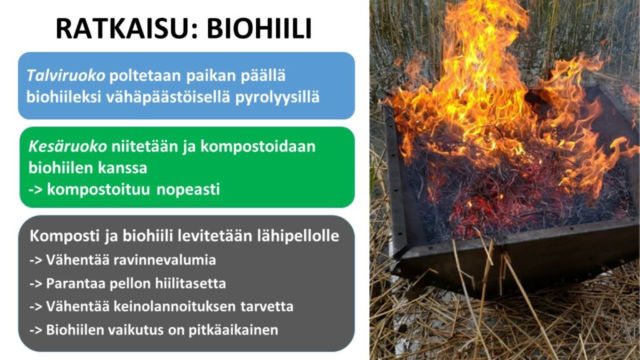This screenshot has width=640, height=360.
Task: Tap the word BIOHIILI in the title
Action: pyautogui.click(x=259, y=29)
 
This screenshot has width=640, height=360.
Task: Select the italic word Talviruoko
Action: pyautogui.click(x=66, y=76)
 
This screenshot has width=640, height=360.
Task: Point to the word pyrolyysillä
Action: pyautogui.click(x=277, y=97)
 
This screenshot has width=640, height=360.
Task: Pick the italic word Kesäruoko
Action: pyautogui.click(x=67, y=146)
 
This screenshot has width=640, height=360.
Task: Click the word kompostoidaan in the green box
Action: pyautogui.click(x=258, y=146)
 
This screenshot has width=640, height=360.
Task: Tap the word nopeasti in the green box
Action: pyautogui.click(x=188, y=189)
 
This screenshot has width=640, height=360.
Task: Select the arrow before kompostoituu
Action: pyautogui.click(x=36, y=189)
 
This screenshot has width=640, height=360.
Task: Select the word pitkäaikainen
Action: pyautogui.click(x=233, y=330)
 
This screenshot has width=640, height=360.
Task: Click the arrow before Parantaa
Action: pyautogui.click(x=36, y=284)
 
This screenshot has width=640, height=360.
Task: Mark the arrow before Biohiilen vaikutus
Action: pyautogui.click(x=36, y=330)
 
